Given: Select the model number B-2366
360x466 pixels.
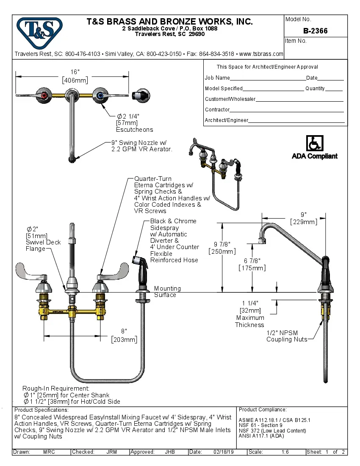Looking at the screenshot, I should click(x=315, y=31).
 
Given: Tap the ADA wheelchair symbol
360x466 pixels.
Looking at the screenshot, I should click(x=314, y=143).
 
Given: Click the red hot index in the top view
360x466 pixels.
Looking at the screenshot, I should click(x=44, y=95).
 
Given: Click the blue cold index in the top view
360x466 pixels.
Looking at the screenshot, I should click(x=100, y=95).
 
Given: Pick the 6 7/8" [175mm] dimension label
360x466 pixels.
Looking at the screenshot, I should click(x=252, y=264).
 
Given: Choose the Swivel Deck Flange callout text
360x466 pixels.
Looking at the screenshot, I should click(x=43, y=245).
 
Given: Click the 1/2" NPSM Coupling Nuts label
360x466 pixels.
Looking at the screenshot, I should click(x=287, y=336).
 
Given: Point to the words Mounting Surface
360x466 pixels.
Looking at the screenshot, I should click(x=167, y=291).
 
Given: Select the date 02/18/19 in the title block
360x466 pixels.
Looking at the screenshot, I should click(x=224, y=452).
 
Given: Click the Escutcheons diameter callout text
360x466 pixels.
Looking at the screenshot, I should click(x=134, y=123).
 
